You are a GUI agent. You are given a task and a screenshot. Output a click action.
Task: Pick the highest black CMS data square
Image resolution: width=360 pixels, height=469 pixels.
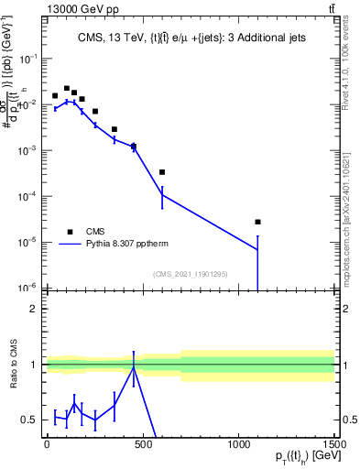(67, 89)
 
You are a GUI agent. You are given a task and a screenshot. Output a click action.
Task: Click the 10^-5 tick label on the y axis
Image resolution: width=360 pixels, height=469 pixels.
(27, 242)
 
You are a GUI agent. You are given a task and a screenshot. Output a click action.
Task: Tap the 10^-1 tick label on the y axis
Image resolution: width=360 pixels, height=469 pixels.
(27, 58)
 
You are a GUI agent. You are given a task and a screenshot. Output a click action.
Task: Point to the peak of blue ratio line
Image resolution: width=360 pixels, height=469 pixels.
(134, 367)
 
